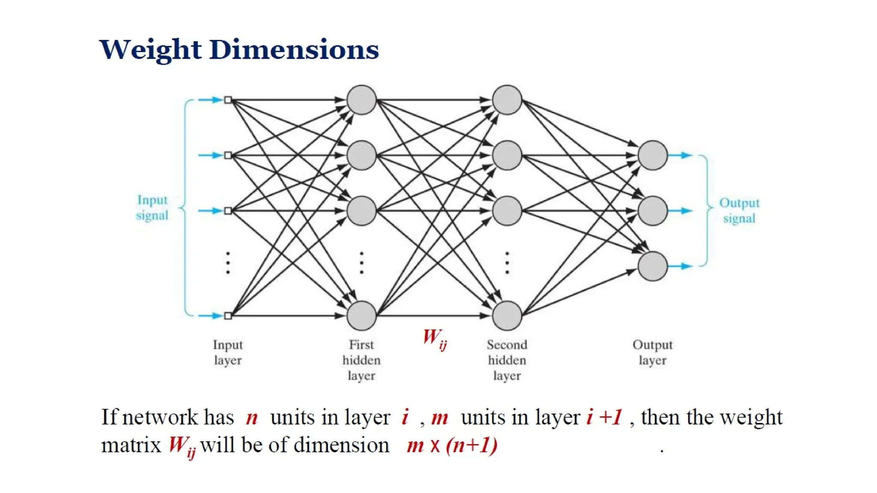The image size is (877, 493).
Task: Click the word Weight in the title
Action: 150,50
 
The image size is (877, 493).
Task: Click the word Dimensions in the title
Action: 294,50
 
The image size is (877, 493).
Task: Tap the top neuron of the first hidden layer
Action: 361,100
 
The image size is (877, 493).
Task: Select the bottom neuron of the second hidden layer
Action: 507,315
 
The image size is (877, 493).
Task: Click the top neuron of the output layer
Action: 652,155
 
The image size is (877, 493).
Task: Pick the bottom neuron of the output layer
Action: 652,266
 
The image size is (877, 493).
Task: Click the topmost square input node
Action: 228,100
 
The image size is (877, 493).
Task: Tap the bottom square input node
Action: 228,316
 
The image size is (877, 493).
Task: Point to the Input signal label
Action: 152,208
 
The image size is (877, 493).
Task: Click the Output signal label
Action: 739,211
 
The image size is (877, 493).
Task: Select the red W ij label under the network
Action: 434,339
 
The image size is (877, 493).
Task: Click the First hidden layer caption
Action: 361,360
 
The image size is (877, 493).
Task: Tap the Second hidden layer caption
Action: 507,360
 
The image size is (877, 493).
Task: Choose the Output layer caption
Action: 652,352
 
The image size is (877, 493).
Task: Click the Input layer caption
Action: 228,352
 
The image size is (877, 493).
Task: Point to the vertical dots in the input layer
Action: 228,262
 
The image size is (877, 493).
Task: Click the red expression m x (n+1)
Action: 452,445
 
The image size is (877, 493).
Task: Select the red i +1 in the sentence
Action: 604,417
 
